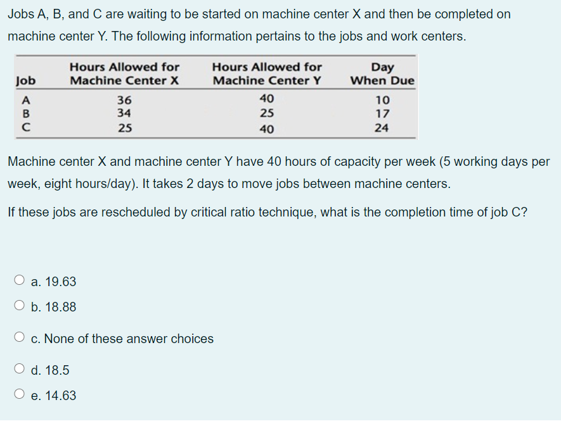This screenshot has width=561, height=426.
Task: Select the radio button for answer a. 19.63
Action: pyautogui.click(x=20, y=281)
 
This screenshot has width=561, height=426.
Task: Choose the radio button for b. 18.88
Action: pyautogui.click(x=20, y=307)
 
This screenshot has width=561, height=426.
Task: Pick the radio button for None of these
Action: pyautogui.click(x=20, y=339)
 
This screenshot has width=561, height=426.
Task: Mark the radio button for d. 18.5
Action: pyautogui.click(x=20, y=370)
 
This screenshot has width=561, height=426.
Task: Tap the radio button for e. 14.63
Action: pyautogui.click(x=20, y=396)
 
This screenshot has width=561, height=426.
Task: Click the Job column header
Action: pyautogui.click(x=25, y=81)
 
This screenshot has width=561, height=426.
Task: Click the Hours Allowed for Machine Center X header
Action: pyautogui.click(x=124, y=74)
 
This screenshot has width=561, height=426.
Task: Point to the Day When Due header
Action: pyautogui.click(x=382, y=74)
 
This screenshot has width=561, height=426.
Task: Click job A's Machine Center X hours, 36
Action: pyautogui.click(x=124, y=100)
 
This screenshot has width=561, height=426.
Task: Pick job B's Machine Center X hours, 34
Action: pyautogui.click(x=124, y=114)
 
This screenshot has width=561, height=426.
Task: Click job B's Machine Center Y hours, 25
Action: pyautogui.click(x=267, y=114)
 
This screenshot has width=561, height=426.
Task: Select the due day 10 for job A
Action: pyautogui.click(x=382, y=100)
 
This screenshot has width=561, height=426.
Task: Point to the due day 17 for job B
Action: pyautogui.click(x=382, y=114)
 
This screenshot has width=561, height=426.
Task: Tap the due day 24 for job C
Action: pyautogui.click(x=382, y=128)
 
